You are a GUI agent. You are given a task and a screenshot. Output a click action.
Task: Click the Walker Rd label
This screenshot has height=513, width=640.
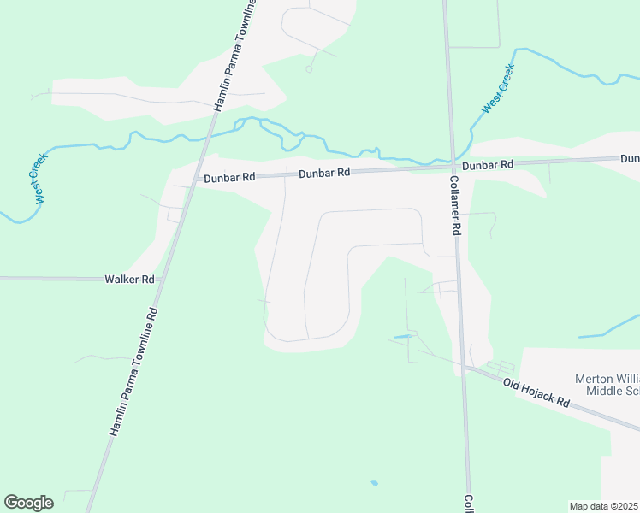click(x=130, y=280)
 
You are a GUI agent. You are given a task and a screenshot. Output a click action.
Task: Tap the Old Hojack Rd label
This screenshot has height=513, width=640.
click(x=536, y=393)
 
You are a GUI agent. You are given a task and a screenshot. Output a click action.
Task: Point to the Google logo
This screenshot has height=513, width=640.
click(x=28, y=503)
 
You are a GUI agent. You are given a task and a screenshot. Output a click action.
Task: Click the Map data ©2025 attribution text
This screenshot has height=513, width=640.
click(x=603, y=506)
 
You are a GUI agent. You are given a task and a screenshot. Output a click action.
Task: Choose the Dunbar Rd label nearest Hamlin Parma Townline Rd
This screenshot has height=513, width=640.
click(x=229, y=178)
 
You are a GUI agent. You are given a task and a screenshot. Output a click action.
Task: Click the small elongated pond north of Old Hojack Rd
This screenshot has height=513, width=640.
click(x=402, y=337)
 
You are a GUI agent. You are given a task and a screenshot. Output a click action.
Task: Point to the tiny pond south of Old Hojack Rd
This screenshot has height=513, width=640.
click(x=374, y=483)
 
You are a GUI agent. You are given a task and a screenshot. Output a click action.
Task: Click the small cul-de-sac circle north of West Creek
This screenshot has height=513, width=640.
click(x=308, y=69)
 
